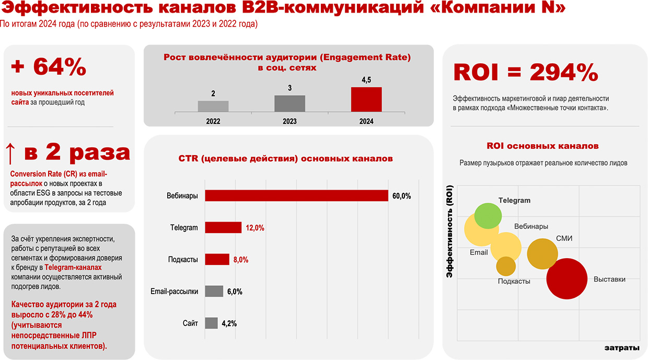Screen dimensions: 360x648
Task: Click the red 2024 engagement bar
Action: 366,99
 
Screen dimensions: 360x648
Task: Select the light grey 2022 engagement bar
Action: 213,106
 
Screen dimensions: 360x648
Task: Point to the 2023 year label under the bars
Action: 290,121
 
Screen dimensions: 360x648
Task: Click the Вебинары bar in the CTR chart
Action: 296,196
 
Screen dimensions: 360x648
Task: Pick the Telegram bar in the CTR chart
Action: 223,228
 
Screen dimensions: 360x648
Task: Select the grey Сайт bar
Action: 211,323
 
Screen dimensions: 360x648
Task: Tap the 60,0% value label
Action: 402,196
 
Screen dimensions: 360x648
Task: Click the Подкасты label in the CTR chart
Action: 183,260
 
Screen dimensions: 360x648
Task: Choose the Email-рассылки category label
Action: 174,292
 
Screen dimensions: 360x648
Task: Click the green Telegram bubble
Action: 488,215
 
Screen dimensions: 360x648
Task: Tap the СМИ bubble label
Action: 564,238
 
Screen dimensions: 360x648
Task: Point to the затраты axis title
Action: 622,348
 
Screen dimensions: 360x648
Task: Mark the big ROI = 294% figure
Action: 525,72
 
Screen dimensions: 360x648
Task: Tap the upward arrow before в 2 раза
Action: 10,153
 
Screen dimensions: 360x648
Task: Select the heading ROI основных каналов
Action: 542,146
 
